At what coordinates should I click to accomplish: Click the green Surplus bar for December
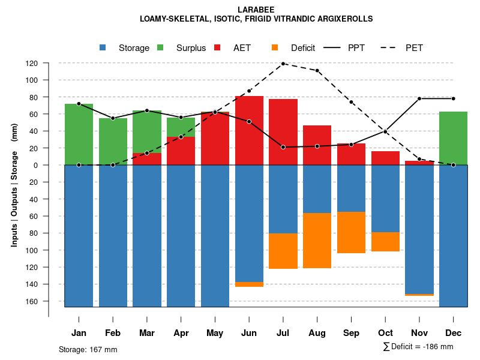pos(453,138)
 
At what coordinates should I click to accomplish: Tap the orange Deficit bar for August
pos(317,241)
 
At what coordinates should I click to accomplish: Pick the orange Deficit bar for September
pos(351,232)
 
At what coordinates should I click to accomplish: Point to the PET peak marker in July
pos(283,64)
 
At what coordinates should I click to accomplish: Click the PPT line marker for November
pos(419,98)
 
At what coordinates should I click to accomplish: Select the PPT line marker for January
pos(79,104)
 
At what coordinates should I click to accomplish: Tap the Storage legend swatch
pos(103,48)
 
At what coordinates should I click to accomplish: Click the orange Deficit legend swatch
pos(275,48)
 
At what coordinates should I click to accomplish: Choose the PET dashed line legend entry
pos(403,48)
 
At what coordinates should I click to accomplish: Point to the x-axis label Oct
pos(385,333)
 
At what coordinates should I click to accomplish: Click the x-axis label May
pos(215,333)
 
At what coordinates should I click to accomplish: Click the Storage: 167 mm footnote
pos(88,349)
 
